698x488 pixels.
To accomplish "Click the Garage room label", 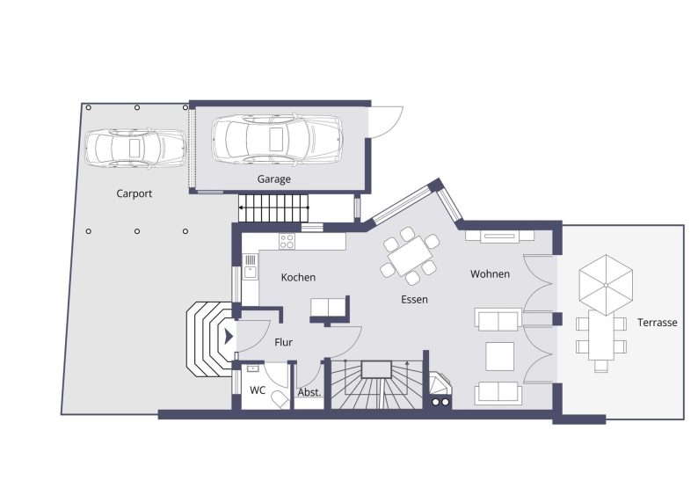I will click(273, 179).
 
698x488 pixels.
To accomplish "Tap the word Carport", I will click(135, 193).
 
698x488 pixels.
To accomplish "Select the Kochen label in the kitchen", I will click(298, 277).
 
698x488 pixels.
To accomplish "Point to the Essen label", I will click(414, 300).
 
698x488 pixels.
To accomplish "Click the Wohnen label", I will click(490, 274).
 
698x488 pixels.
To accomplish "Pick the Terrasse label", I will click(657, 323).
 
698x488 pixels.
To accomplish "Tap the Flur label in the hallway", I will click(283, 342).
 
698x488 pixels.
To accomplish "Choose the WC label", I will click(258, 390).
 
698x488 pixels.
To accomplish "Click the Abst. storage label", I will click(309, 393).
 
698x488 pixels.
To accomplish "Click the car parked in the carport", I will click(135, 148).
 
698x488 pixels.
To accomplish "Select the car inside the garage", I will click(276, 137).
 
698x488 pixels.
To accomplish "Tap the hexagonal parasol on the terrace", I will click(606, 284).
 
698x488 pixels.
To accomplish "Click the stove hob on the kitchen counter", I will click(287, 240).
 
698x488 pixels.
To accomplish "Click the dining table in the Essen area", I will click(407, 257).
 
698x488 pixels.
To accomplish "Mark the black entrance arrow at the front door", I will click(229, 335).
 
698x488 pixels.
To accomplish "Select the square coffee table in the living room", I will click(500, 355).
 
